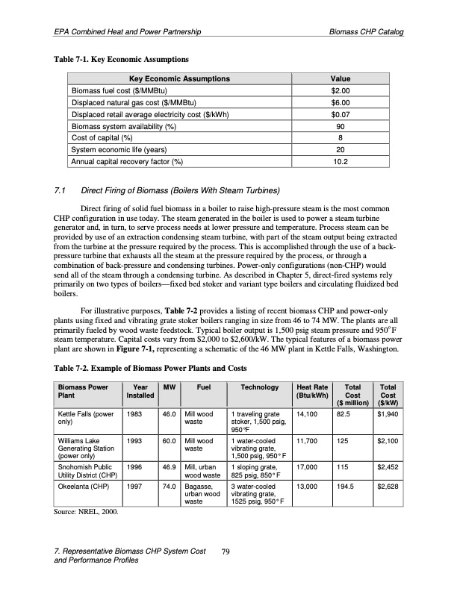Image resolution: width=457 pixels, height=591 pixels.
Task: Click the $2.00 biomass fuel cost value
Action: pyautogui.click(x=341, y=90)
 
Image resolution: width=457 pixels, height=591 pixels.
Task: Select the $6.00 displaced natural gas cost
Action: pyautogui.click(x=341, y=102)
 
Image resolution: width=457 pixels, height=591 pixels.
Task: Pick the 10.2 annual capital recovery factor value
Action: pyautogui.click(x=341, y=161)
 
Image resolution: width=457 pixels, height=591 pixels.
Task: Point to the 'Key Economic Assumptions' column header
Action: pyautogui.click(x=179, y=78)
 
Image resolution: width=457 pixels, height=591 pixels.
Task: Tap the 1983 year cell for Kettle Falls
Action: pyautogui.click(x=135, y=412)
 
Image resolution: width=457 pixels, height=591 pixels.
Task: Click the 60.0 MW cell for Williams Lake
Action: pyautogui.click(x=169, y=441)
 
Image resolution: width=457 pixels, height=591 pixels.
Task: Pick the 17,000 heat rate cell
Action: pyautogui.click(x=308, y=470)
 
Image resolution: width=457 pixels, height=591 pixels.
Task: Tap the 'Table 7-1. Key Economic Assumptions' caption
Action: pyautogui.click(x=119, y=58)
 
